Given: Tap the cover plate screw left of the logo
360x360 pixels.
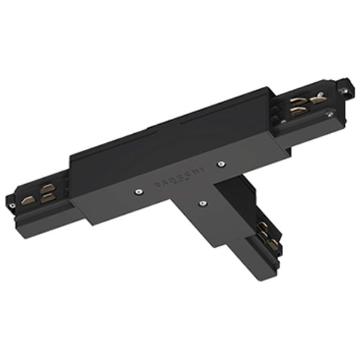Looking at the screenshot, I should [138, 192].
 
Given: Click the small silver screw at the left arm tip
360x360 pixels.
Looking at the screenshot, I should [12, 206].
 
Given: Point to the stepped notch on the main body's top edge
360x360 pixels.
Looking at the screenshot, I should [151, 128].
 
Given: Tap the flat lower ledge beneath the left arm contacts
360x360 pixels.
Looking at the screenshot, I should [48, 210].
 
